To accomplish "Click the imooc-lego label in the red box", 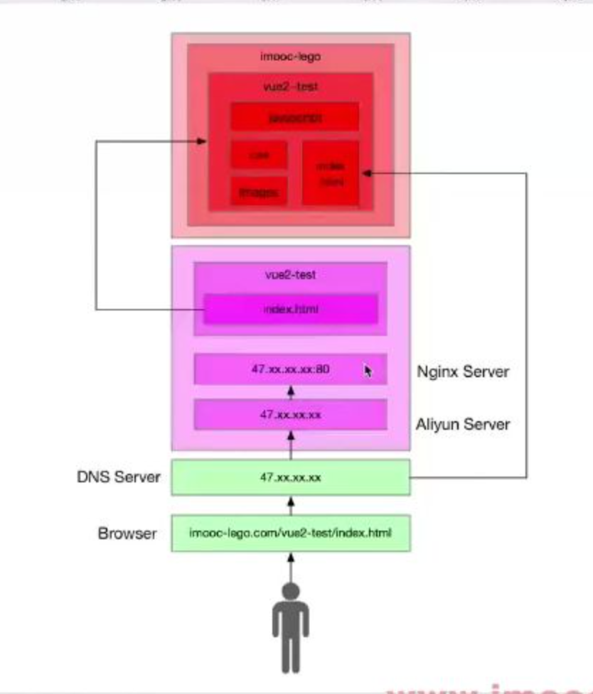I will tap(290, 56).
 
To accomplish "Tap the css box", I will tap(259, 155).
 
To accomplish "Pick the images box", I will tap(259, 191).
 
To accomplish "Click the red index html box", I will tap(331, 173).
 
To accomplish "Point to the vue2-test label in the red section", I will tap(290, 86).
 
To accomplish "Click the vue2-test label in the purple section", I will tap(290, 275).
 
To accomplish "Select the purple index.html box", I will tap(290, 309).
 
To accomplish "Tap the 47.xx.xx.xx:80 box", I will tap(290, 369).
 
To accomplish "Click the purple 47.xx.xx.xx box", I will tap(290, 414).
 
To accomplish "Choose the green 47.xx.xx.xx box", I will tap(290, 477).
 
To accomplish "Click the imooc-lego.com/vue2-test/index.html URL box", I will tap(290, 533).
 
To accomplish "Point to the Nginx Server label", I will tap(463, 371).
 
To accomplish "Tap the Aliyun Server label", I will tap(463, 424).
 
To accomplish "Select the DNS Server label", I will tap(119, 477).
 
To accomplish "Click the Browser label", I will tap(127, 533).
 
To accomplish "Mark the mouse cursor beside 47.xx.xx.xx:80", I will tap(368, 371).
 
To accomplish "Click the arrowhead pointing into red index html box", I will tap(365, 173).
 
